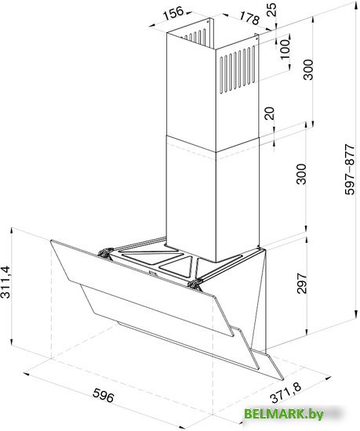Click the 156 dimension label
tap(173, 13)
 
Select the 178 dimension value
tap(249, 18)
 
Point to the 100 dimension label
tap(285, 49)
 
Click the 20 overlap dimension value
tap(270, 113)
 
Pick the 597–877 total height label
tap(351, 169)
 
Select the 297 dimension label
tap(302, 283)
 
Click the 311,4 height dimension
tap(5, 282)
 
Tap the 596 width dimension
tap(103, 395)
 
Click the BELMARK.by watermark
tap(284, 414)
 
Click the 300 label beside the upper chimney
tap(308, 70)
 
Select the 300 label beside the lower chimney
tap(301, 174)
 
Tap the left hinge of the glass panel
tap(106, 252)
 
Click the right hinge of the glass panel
tap(195, 284)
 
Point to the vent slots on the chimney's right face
tap(237, 70)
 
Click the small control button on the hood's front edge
tap(152, 273)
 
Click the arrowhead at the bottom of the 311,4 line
tap(11, 341)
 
